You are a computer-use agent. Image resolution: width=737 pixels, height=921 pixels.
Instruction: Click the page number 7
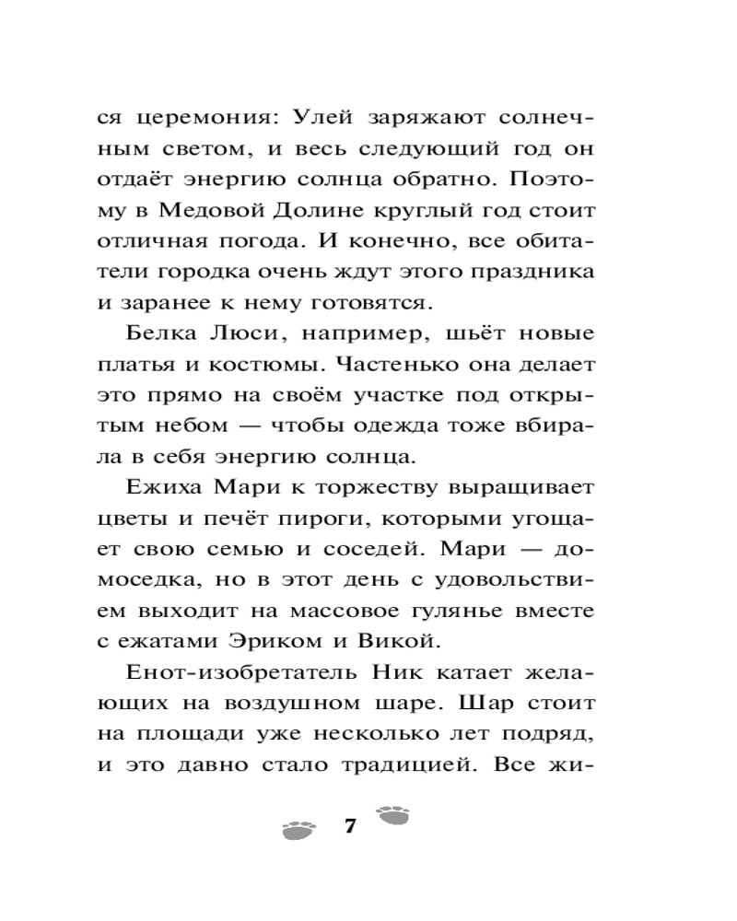pyautogui.click(x=349, y=826)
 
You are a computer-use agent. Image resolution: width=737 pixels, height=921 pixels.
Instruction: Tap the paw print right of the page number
pyautogui.click(x=394, y=815)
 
